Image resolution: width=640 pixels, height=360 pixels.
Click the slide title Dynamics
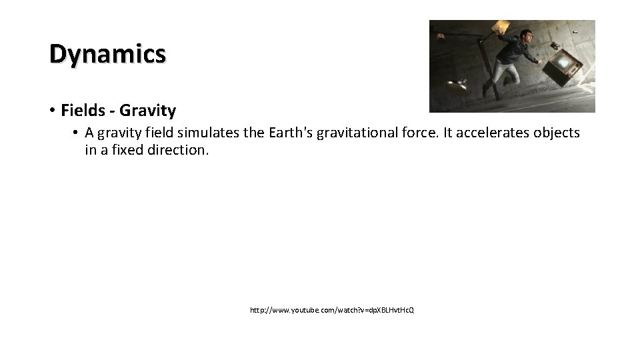[107, 53]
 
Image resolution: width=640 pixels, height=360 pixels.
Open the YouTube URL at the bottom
[331, 311]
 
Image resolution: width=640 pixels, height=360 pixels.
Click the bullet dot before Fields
[52, 109]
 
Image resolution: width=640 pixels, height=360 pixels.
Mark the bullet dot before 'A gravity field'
[76, 133]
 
